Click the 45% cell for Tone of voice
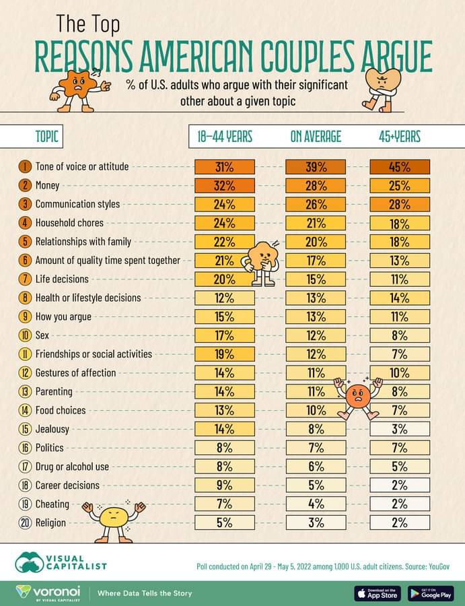click(400, 166)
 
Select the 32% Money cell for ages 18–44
click(225, 185)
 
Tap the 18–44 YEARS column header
click(225, 137)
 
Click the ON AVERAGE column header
click(316, 137)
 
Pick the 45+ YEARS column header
click(400, 137)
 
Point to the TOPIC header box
click(47, 137)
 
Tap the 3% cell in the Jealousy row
click(400, 428)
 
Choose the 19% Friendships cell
click(225, 353)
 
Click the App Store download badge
click(378, 593)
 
